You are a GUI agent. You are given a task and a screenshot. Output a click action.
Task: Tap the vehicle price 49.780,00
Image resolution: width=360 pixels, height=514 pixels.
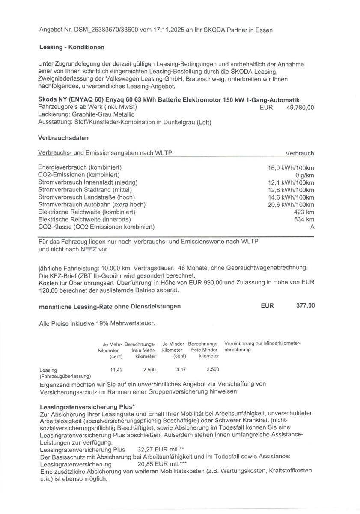(300, 108)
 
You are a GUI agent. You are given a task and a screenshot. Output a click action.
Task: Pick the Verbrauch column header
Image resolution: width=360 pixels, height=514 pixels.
(299, 153)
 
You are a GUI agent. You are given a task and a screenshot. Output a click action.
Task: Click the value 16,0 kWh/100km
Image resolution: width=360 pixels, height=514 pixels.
(291, 168)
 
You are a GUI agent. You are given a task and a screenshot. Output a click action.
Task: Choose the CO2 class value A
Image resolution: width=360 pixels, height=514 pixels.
(312, 227)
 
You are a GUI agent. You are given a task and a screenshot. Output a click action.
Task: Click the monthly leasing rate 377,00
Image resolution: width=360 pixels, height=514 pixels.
(305, 306)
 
